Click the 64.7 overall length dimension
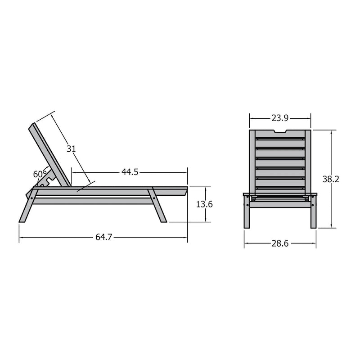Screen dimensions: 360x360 pos(104,237)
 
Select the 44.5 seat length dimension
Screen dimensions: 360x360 pos(130,172)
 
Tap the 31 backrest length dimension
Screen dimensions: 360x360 pos(71,149)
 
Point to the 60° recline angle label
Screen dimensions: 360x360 pos(40,174)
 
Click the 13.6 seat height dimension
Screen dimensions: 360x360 pos(204,204)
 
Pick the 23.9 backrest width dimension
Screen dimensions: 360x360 pos(280,118)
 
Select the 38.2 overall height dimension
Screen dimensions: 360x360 pos(331,179)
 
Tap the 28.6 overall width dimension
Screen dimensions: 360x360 pos(280,243)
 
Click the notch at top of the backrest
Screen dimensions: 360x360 pos(280,131)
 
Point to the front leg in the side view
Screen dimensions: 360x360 pos(157,205)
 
